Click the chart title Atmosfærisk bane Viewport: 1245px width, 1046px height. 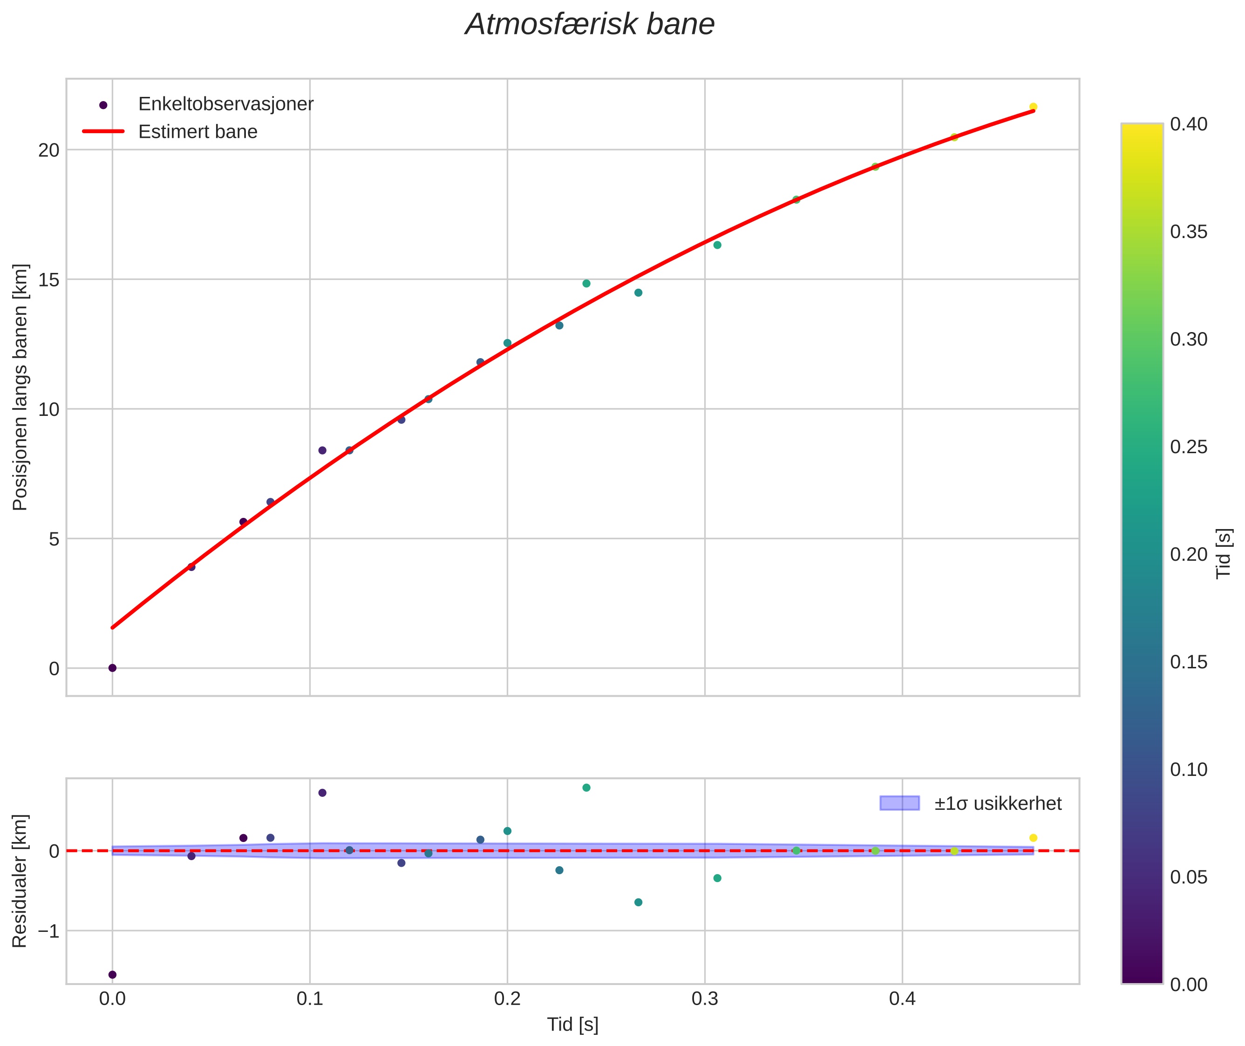pos(590,25)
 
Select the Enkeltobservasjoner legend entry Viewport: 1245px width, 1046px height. pos(225,104)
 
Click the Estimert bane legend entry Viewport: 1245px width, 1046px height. pos(197,132)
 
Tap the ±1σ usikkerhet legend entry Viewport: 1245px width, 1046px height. pos(998,803)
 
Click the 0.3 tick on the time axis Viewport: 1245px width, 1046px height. pos(705,999)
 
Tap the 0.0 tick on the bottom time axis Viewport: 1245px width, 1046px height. pos(112,999)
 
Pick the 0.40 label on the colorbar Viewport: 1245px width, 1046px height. pos(1189,124)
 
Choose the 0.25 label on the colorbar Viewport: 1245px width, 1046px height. pos(1189,447)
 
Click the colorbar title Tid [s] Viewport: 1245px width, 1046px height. pos(1223,553)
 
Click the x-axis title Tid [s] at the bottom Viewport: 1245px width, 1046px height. pos(572,1025)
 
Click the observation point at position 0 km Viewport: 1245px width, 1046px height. pos(112,668)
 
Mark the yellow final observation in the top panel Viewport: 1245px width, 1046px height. pos(1033,107)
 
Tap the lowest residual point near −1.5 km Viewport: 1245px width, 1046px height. pos(112,974)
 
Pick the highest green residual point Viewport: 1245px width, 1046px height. pos(586,788)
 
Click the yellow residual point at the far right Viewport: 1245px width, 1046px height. pos(1033,838)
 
